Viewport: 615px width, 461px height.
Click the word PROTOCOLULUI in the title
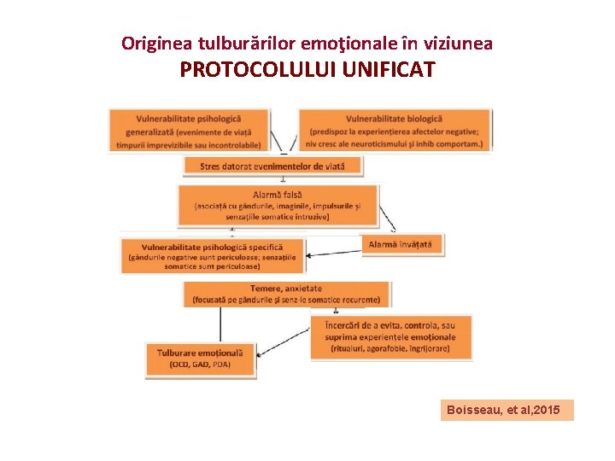(x=257, y=69)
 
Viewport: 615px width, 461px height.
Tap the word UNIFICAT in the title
(x=388, y=69)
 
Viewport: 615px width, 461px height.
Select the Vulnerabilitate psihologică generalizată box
(x=189, y=131)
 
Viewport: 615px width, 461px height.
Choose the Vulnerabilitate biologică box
(x=395, y=131)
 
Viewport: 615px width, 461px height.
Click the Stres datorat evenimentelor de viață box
(x=272, y=166)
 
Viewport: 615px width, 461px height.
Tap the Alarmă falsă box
(x=278, y=206)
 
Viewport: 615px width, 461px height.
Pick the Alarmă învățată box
(x=401, y=244)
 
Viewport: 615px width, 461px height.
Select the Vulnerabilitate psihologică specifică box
(x=213, y=256)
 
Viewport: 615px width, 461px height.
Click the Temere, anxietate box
(x=286, y=294)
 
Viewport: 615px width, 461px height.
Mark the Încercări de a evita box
(x=389, y=336)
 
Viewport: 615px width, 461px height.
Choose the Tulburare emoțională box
(x=200, y=358)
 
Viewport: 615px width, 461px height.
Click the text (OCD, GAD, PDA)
(x=200, y=365)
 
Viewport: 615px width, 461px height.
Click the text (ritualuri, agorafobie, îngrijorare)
(x=389, y=348)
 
